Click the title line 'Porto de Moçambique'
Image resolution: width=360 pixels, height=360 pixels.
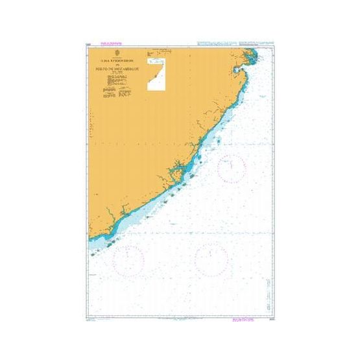[116, 66]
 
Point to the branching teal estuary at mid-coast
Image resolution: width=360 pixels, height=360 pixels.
[174, 173]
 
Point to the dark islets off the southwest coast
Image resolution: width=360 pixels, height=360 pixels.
[111, 243]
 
